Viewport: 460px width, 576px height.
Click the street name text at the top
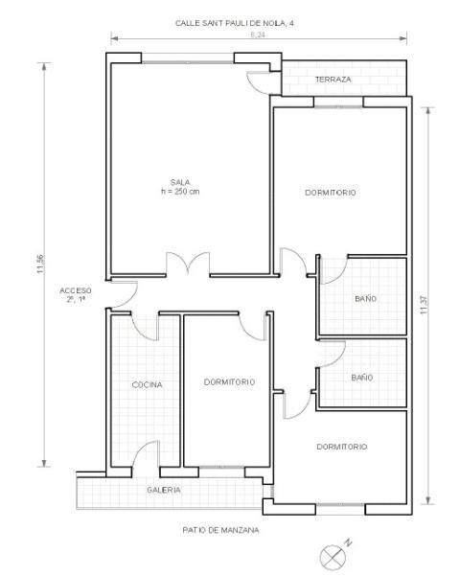pos(235,23)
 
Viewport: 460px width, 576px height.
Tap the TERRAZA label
pos(333,80)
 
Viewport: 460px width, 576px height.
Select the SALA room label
pos(180,182)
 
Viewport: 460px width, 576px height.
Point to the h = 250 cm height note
pos(180,192)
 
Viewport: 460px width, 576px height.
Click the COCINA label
pos(147,384)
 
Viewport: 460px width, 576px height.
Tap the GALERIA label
pos(164,490)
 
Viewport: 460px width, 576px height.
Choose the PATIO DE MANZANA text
pos(220,530)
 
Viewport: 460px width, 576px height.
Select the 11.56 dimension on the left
pos(40,264)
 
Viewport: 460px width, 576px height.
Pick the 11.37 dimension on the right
pos(424,305)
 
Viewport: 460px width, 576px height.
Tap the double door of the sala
pos(188,263)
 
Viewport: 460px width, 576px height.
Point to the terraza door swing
pos(259,82)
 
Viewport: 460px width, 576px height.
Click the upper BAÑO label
pos(365,299)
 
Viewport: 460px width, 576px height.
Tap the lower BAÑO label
pos(362,378)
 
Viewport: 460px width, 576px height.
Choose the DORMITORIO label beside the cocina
pos(229,382)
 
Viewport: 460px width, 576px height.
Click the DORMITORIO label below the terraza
pos(331,193)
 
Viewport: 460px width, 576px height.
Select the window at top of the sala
pos(188,62)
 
